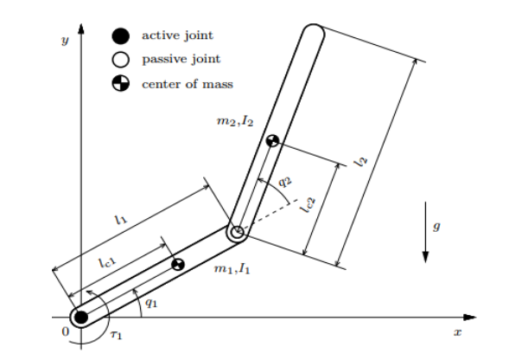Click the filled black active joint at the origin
(x=81, y=317)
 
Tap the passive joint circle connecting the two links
(x=238, y=232)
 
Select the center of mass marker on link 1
(x=177, y=265)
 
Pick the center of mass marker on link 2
(x=272, y=141)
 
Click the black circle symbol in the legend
(x=120, y=35)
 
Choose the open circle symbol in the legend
(x=120, y=60)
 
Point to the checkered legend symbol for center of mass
(x=120, y=84)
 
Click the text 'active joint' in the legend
(x=177, y=35)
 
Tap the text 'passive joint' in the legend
(x=181, y=59)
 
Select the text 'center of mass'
(x=188, y=84)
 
